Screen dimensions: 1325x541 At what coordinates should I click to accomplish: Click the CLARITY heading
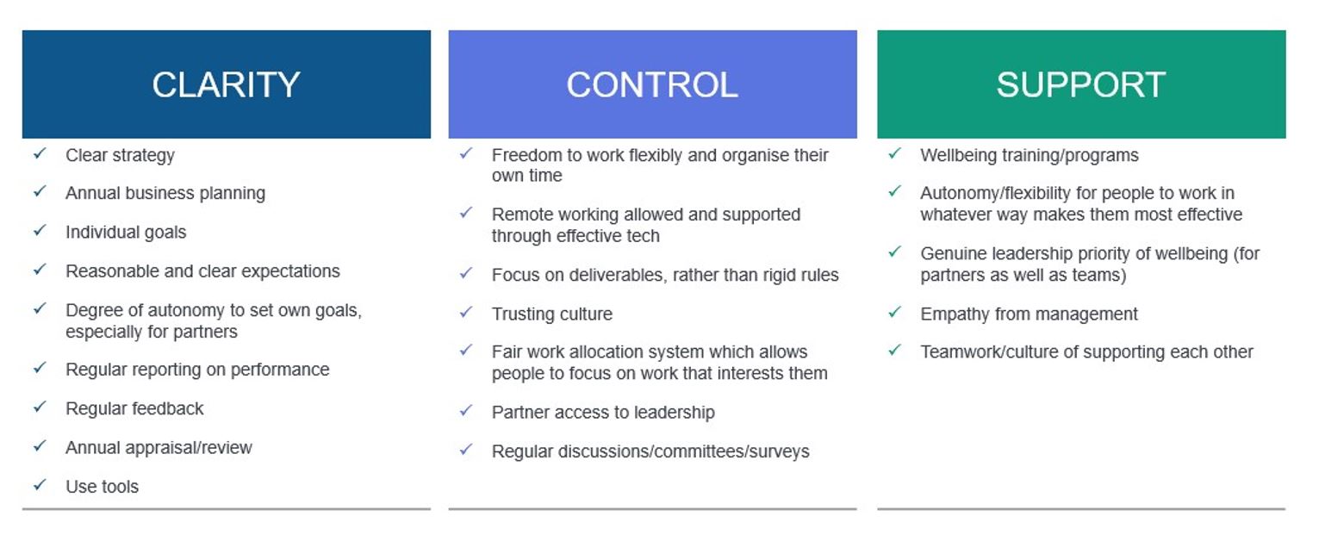[226, 84]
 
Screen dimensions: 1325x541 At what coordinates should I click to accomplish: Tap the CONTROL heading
[652, 84]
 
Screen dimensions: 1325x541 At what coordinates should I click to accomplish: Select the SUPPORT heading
[1081, 84]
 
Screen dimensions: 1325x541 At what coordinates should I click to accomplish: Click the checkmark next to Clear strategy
[40, 153]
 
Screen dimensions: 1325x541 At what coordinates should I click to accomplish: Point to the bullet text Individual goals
[126, 233]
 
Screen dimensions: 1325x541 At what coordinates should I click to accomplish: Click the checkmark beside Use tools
[40, 485]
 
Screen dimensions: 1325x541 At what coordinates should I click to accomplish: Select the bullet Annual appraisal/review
[159, 448]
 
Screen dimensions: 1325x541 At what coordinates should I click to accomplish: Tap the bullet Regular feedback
[134, 408]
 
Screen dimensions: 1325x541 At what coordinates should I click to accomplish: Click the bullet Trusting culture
[552, 314]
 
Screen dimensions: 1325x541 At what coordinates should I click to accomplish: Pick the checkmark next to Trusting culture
[466, 312]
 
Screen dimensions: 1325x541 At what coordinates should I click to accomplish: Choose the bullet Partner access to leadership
[603, 412]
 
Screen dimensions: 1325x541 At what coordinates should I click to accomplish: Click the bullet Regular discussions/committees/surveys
[650, 451]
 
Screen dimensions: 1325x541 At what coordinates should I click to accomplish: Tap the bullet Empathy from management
[1029, 314]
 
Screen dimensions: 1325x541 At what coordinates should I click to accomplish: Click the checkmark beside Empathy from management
[895, 312]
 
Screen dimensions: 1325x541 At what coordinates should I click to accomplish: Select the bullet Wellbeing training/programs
[1030, 156]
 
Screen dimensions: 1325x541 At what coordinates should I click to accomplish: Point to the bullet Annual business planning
[165, 193]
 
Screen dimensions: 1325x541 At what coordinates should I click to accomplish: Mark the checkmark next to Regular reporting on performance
[40, 368]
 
